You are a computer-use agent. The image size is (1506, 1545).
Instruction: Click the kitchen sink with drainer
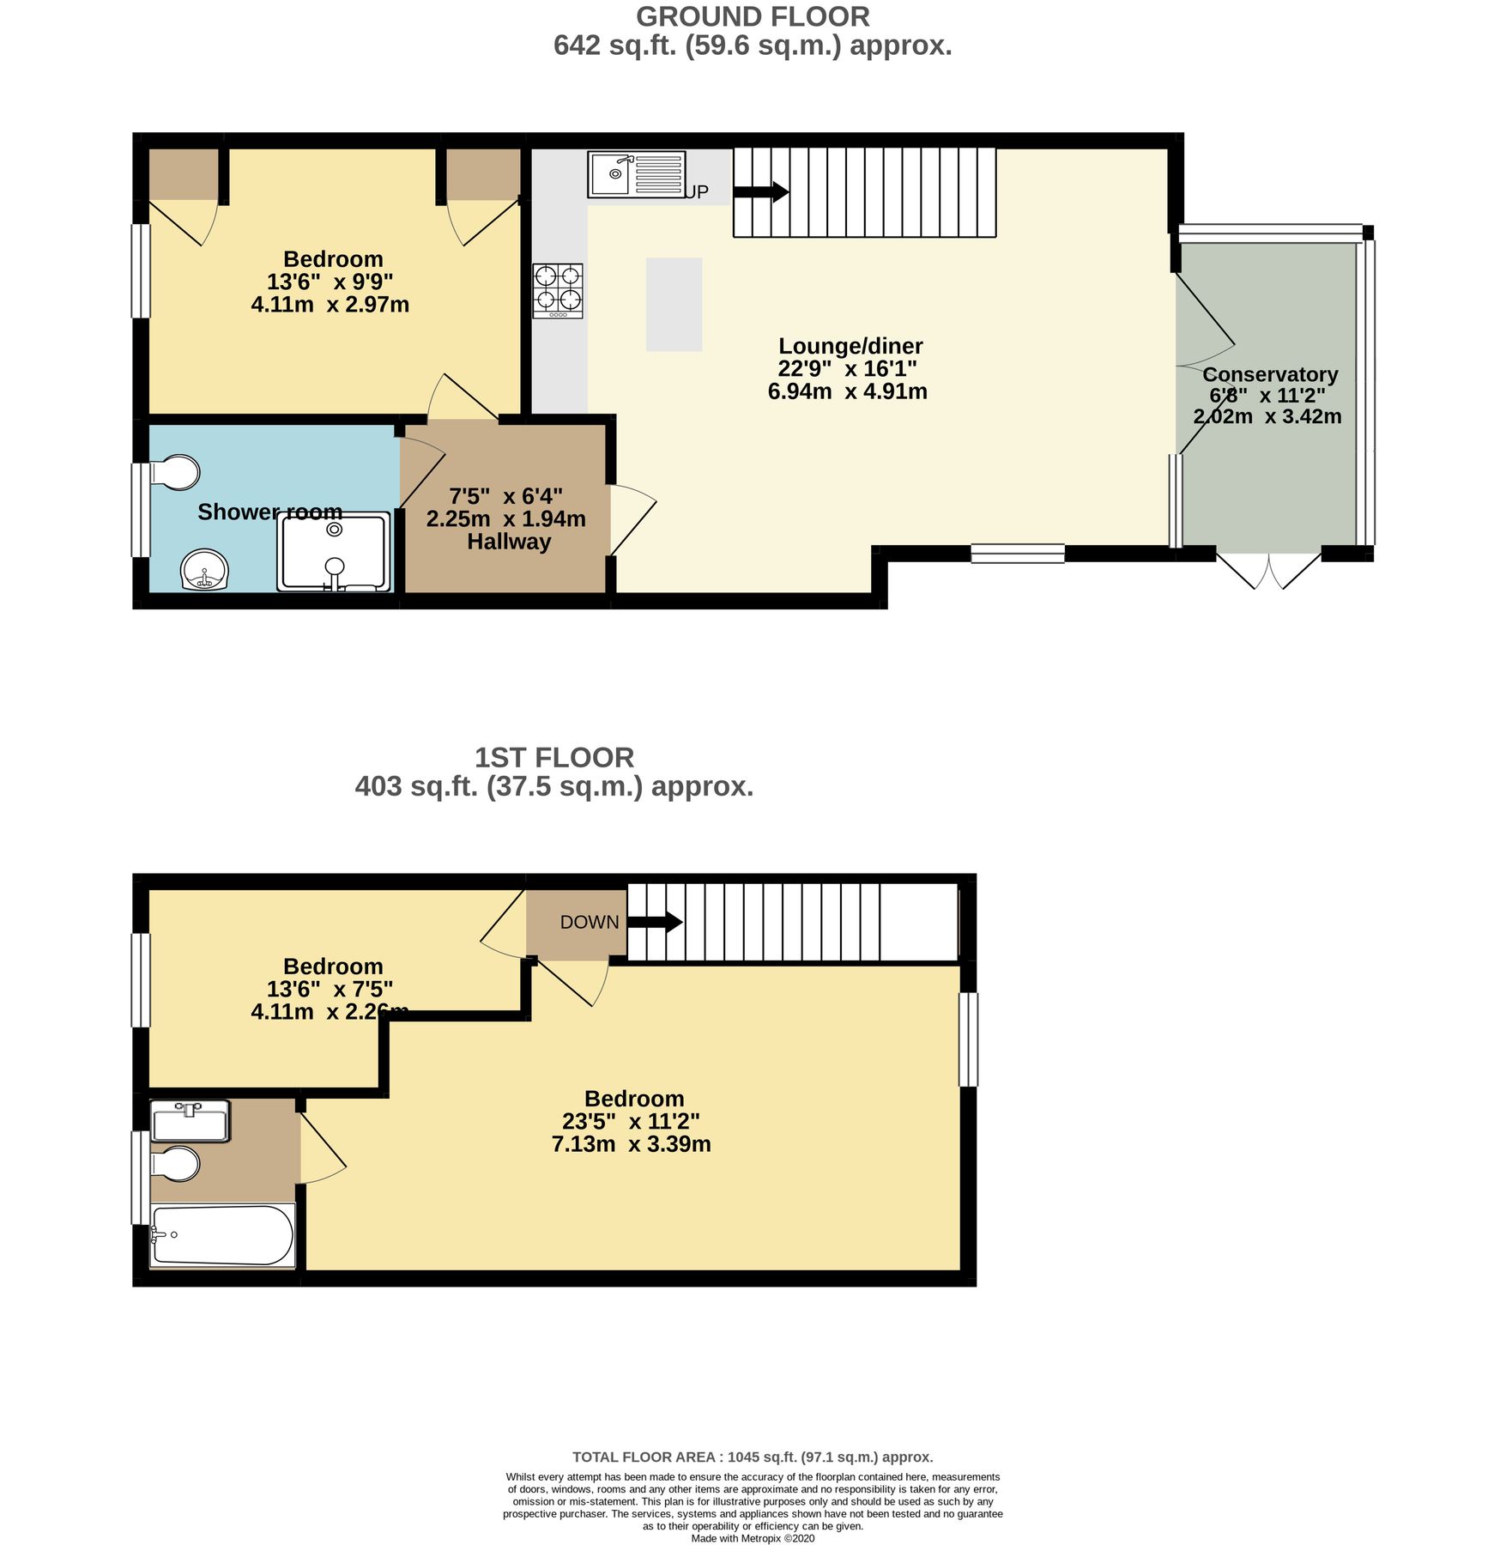(636, 174)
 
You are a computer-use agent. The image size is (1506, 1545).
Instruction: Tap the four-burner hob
(558, 290)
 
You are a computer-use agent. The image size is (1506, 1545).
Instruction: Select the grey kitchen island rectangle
(674, 305)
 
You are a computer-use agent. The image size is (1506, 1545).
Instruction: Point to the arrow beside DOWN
(656, 923)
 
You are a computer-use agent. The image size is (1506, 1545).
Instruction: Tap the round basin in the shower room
(205, 570)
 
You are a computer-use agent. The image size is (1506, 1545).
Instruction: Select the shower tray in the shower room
(334, 552)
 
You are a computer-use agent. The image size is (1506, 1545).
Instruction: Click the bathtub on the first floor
(223, 1236)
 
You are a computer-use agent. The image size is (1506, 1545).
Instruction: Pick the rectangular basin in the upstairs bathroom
(190, 1121)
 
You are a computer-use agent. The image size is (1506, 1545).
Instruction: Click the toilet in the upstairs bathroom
(177, 1164)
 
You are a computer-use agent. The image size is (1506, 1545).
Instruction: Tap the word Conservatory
(1270, 375)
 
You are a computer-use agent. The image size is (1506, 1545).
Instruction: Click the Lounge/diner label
(850, 347)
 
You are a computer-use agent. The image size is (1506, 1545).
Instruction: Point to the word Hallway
(509, 542)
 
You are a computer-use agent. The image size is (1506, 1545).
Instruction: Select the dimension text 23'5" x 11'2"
(631, 1121)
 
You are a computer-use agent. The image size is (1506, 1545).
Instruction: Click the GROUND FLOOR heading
(753, 16)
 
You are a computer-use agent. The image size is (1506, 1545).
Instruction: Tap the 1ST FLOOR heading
(554, 757)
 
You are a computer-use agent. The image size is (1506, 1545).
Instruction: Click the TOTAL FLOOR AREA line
(753, 1457)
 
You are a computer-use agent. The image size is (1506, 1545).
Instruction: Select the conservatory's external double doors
(1268, 572)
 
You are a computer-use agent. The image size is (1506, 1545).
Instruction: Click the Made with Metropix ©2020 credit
(753, 1538)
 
